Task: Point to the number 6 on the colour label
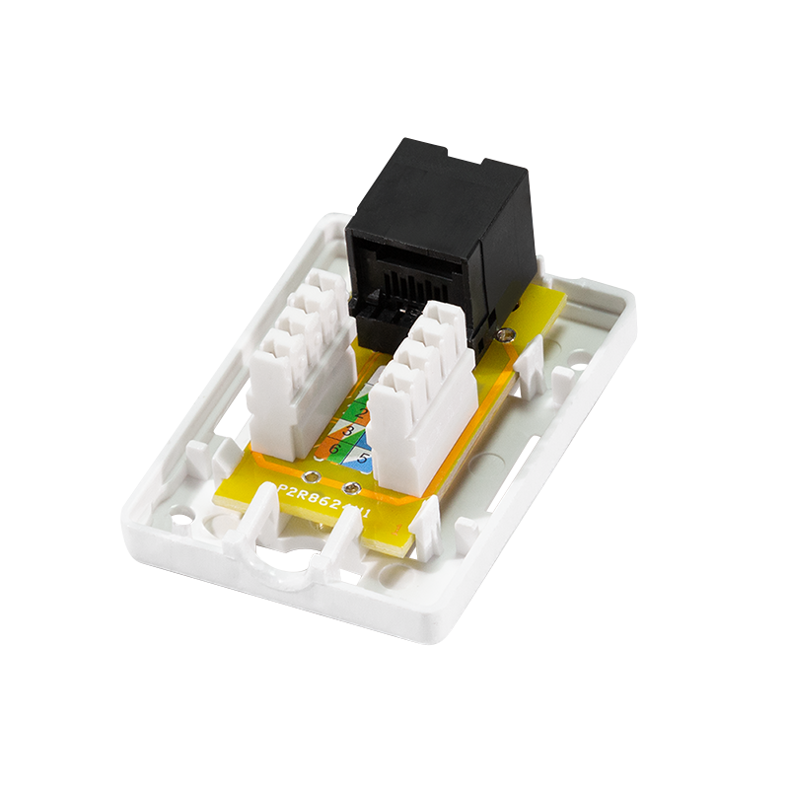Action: point(334,449)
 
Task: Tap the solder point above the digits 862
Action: point(346,488)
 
